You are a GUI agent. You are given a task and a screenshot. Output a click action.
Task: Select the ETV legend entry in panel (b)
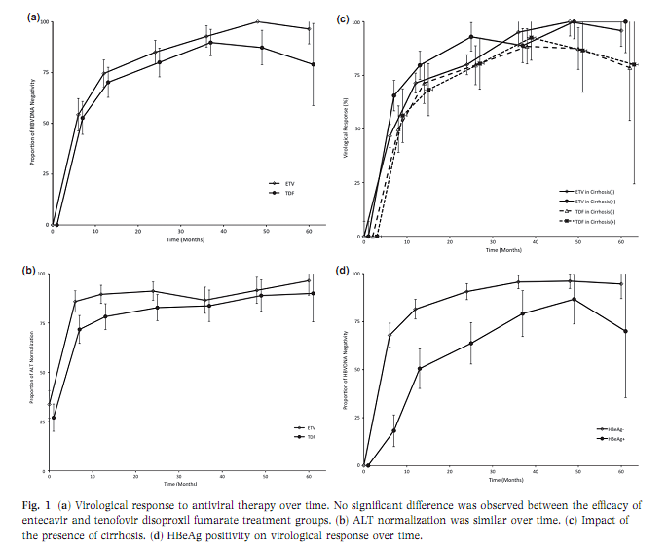click(x=303, y=427)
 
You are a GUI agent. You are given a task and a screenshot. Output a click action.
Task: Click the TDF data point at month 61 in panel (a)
click(x=313, y=64)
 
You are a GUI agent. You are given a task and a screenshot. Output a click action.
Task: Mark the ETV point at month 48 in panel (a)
click(x=258, y=21)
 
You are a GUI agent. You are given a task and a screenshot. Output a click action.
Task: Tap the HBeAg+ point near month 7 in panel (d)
click(x=394, y=430)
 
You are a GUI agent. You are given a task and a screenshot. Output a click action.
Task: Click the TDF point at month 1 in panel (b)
click(x=54, y=418)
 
